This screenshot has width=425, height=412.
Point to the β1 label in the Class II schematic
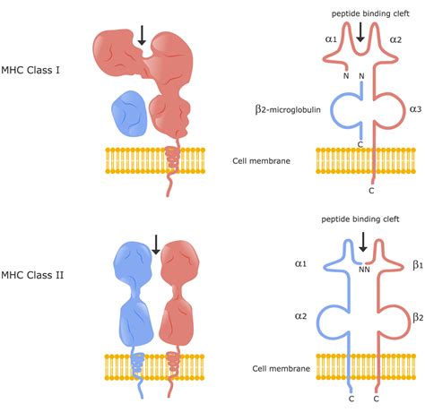[417, 265]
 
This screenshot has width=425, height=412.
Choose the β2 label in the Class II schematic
[417, 317]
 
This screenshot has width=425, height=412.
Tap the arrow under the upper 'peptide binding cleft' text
[360, 32]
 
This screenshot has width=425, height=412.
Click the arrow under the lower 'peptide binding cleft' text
[362, 240]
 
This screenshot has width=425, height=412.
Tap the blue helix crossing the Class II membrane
[136, 366]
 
